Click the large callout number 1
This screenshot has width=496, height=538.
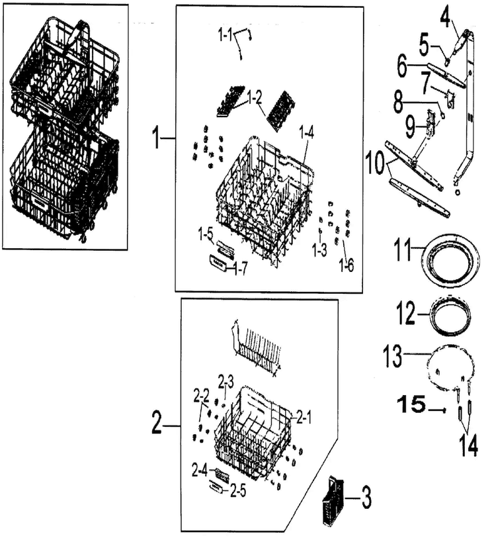[x=156, y=139]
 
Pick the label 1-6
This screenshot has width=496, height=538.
[x=346, y=267]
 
